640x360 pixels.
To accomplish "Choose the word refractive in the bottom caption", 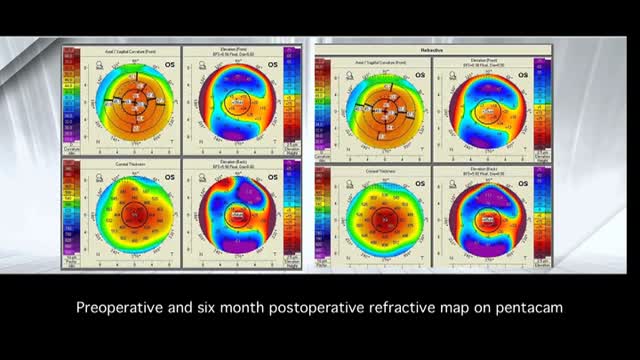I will point(400,309).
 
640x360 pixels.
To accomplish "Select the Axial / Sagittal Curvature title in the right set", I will point(373,60).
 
